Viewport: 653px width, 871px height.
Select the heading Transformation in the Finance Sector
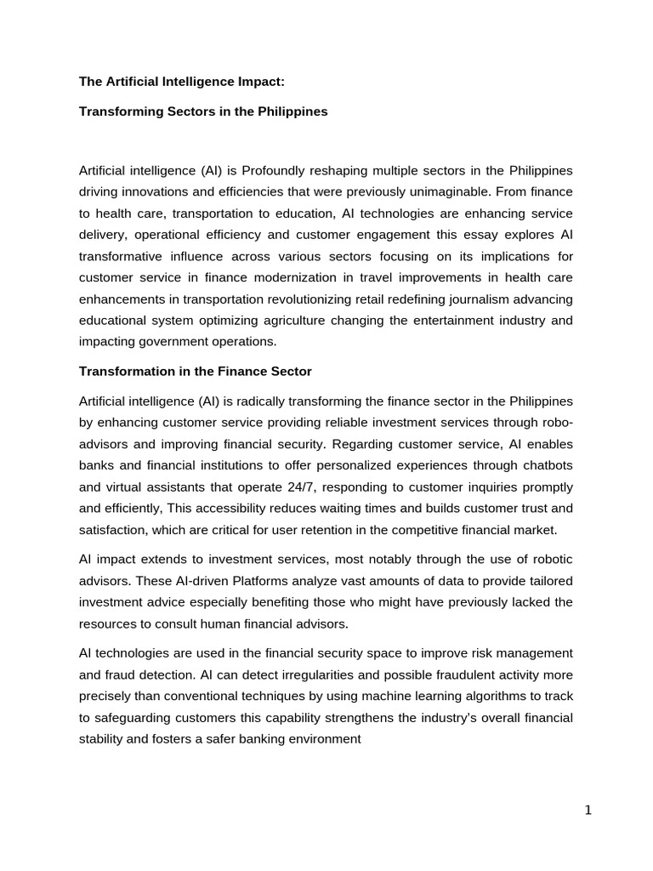[196, 372]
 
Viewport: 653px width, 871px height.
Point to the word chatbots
[543, 465]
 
